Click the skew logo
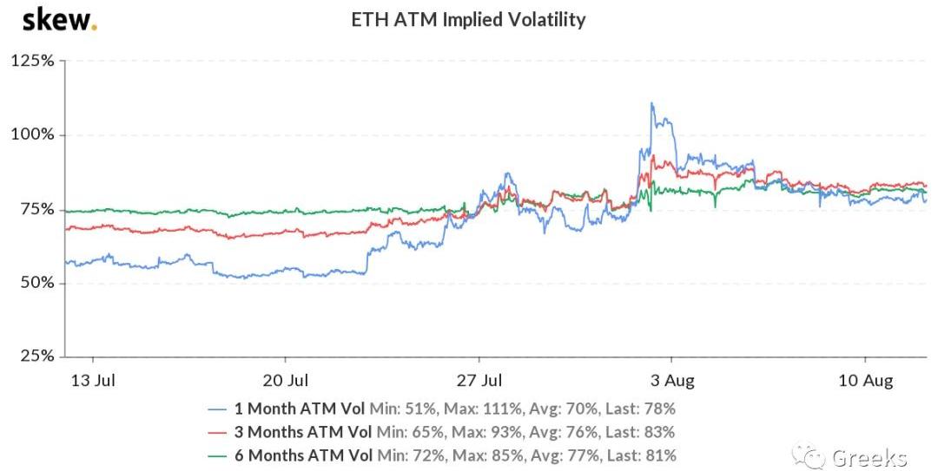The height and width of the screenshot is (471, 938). tap(59, 20)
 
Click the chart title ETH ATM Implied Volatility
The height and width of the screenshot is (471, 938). tap(467, 19)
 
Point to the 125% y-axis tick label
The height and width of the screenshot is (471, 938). tap(33, 61)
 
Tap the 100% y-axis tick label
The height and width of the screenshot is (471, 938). tap(33, 135)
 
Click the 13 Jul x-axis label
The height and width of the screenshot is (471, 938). tap(92, 380)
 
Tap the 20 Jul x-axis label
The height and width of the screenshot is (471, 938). tap(286, 380)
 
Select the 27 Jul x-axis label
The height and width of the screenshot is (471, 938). tap(479, 380)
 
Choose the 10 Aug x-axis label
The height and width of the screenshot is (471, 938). tap(865, 380)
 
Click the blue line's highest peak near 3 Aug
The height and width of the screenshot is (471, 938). tap(651, 104)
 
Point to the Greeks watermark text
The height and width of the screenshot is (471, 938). tap(869, 457)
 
